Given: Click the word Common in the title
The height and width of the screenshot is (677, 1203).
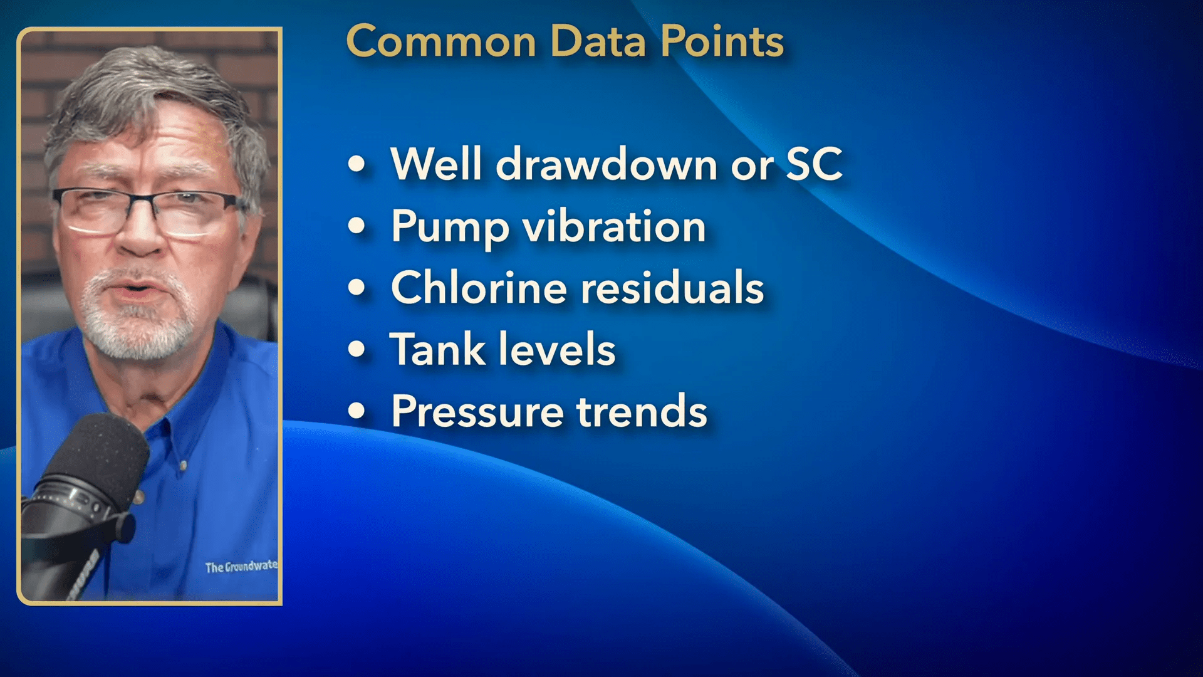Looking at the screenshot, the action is [x=441, y=42].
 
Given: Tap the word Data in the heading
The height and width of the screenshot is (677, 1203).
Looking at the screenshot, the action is [x=598, y=42].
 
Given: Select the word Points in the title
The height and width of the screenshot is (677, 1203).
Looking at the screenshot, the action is [x=722, y=42].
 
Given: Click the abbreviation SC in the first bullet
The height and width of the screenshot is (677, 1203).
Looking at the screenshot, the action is [x=814, y=164].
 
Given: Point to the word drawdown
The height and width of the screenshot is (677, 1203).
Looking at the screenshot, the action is [x=606, y=164].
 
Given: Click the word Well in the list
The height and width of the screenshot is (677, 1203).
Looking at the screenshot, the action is [x=436, y=164].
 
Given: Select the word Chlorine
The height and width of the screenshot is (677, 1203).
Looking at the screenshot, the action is [x=479, y=288].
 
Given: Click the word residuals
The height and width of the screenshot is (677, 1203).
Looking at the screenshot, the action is [x=672, y=288].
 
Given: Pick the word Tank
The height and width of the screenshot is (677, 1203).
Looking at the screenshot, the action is [x=437, y=349].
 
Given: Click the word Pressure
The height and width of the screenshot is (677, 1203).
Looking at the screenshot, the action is [x=477, y=411].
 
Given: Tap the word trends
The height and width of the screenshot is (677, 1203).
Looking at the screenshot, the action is [x=642, y=411].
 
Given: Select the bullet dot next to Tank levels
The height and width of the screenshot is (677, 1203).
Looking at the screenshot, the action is [x=357, y=349].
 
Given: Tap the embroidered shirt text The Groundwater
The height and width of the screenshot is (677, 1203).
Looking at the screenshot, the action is [x=241, y=567].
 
